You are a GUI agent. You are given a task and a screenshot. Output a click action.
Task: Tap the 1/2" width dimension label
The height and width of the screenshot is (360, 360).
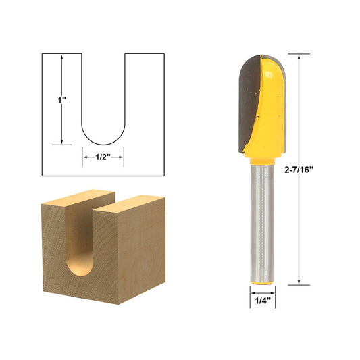point(103,157)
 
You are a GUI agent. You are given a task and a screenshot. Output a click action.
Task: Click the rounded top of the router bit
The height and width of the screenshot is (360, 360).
point(262,61)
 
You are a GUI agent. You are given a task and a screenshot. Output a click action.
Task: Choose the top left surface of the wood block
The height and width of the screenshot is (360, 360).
point(74,199)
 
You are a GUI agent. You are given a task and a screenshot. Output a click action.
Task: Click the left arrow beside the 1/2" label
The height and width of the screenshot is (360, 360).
point(86,157)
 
